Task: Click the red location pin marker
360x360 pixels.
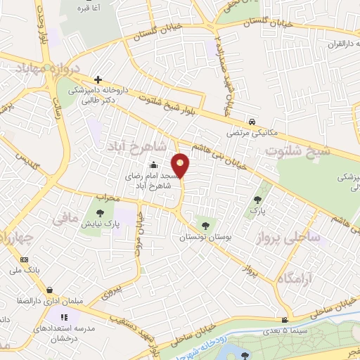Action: point(181,165)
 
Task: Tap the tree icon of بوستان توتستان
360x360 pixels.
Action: point(205,226)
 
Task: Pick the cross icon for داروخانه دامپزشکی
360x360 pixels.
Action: point(98,79)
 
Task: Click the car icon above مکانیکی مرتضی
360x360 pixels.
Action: point(252,120)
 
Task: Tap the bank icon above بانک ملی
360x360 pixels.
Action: point(25,258)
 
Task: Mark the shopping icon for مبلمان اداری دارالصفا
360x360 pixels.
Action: point(49,290)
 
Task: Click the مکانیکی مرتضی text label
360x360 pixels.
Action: point(251,131)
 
